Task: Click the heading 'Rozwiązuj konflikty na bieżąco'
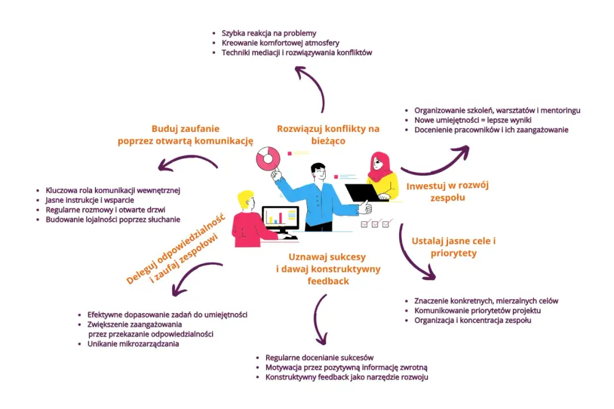328,135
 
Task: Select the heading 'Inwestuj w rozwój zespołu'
447,191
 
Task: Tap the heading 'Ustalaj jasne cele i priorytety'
454,247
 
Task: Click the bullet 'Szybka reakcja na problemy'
269,33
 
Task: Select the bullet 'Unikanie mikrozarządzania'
133,344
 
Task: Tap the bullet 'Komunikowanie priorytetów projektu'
476,311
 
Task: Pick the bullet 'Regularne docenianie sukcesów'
320,357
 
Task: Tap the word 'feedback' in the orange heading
328,281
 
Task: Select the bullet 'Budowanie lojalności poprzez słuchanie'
113,219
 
